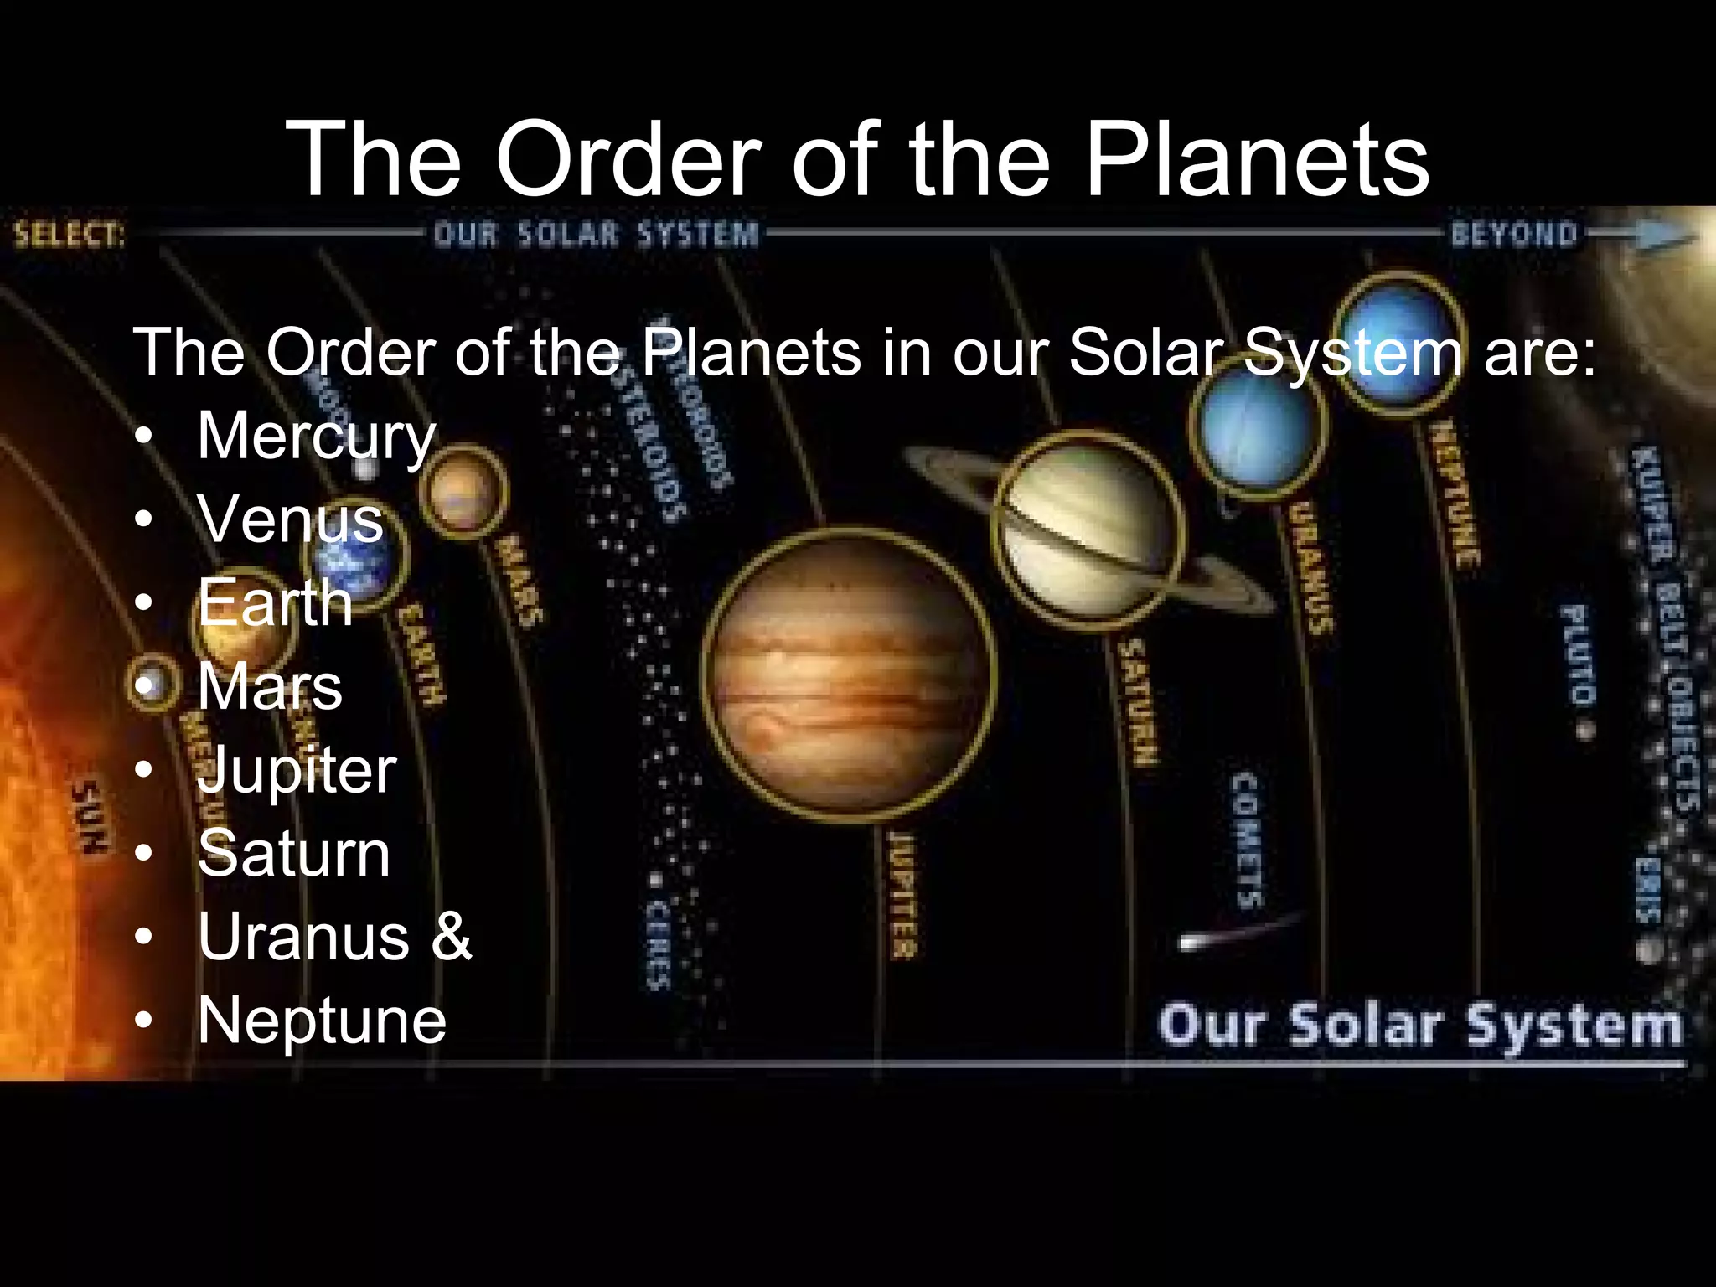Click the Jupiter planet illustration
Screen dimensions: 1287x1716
click(x=848, y=675)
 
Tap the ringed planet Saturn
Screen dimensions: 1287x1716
click(x=1088, y=530)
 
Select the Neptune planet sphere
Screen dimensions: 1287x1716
click(x=1398, y=343)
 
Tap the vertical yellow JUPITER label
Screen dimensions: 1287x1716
click(x=902, y=894)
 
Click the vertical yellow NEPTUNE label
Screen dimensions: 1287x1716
click(x=1455, y=494)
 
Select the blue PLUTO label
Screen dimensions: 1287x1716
click(x=1577, y=654)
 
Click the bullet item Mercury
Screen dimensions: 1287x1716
click(x=316, y=437)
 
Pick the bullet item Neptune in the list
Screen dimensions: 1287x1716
click(x=322, y=1021)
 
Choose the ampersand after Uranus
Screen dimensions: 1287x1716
click(x=452, y=936)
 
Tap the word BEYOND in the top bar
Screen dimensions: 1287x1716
click(x=1514, y=234)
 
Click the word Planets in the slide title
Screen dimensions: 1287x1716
click(x=1257, y=159)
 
